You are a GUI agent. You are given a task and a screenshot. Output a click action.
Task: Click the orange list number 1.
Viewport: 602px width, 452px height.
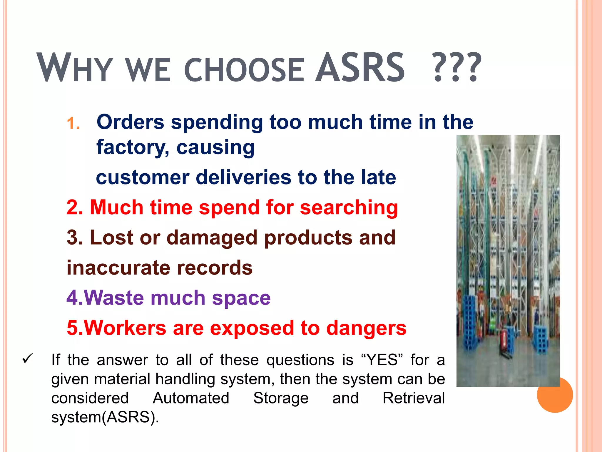pyautogui.click(x=73, y=124)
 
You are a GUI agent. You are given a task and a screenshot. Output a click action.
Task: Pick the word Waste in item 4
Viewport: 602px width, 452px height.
pyautogui.click(x=114, y=298)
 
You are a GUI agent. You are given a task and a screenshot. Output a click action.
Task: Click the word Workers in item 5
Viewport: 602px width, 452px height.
pyautogui.click(x=125, y=328)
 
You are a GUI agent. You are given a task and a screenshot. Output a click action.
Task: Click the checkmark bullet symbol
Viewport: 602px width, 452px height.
pyautogui.click(x=27, y=359)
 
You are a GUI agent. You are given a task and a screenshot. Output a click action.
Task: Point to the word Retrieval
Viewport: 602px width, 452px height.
pyautogui.click(x=414, y=398)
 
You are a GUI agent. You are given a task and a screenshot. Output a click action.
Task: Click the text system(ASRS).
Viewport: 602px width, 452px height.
pyautogui.click(x=105, y=417)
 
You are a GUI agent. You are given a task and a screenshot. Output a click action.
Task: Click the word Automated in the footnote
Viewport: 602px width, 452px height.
pyautogui.click(x=191, y=398)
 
